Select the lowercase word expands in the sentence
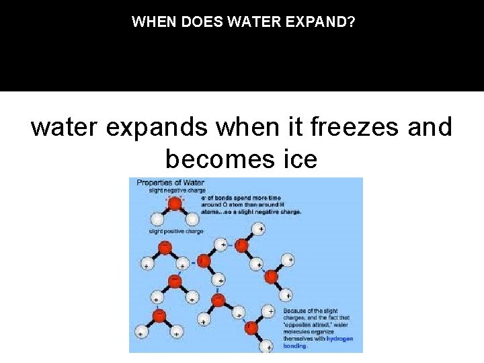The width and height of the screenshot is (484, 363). pos(137,127)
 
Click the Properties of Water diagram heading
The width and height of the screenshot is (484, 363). pos(170,182)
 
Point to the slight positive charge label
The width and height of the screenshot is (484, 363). pos(176,232)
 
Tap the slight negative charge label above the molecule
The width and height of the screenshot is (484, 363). pos(177,190)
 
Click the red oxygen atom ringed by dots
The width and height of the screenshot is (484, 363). pos(175,203)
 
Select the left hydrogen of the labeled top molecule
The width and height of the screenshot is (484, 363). pos(157,219)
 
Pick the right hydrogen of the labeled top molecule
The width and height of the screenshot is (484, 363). pos(192,219)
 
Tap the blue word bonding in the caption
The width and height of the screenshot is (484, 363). pos(296,346)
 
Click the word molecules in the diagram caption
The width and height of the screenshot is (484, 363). pos(298,332)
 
